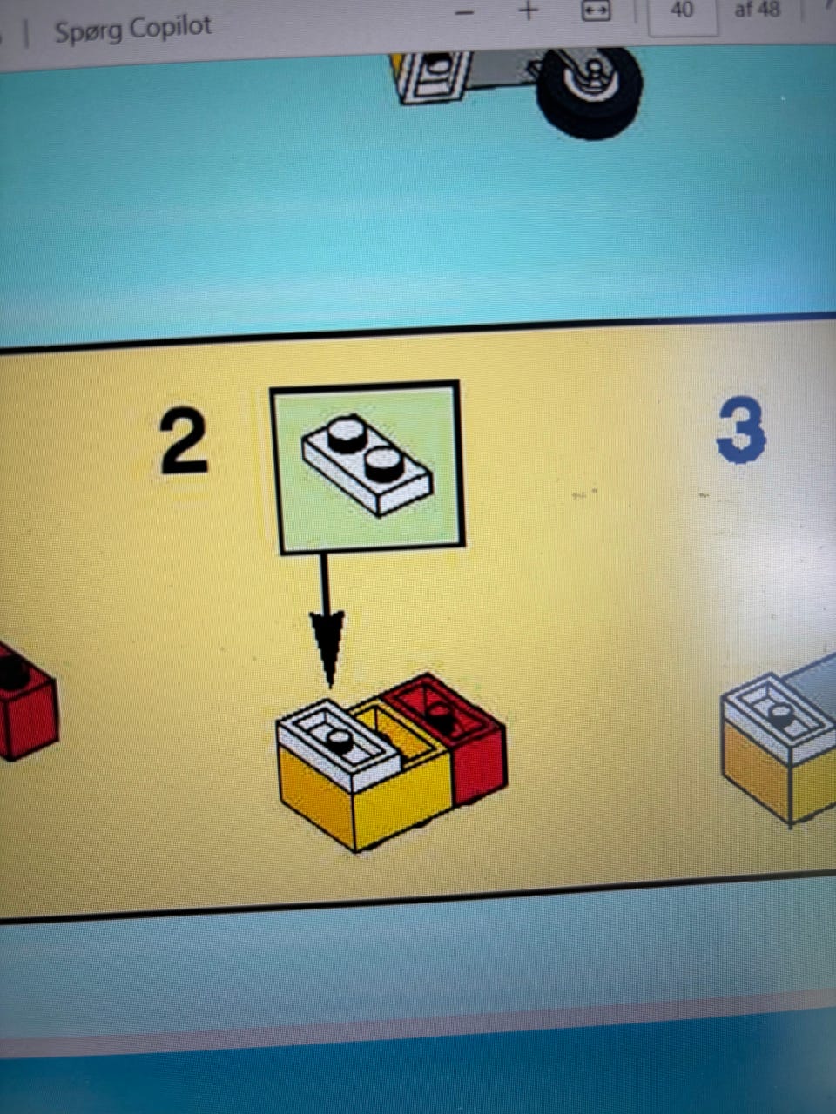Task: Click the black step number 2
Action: click(184, 441)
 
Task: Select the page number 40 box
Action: click(683, 14)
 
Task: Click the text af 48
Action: click(757, 10)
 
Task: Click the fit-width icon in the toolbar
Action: click(596, 11)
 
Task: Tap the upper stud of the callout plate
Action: click(347, 433)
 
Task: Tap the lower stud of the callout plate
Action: click(384, 465)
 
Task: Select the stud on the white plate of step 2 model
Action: click(338, 740)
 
